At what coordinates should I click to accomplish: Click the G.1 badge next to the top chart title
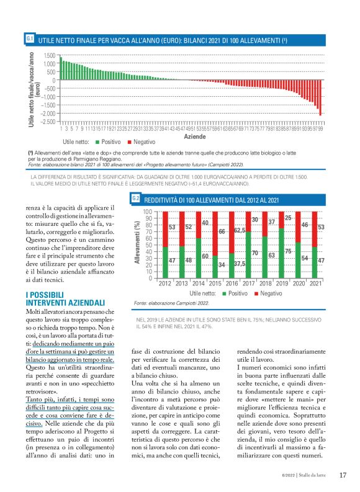(30, 39)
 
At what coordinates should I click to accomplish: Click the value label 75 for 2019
(289, 252)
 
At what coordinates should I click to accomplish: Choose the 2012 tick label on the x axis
(164, 283)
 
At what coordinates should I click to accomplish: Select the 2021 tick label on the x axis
(316, 283)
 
